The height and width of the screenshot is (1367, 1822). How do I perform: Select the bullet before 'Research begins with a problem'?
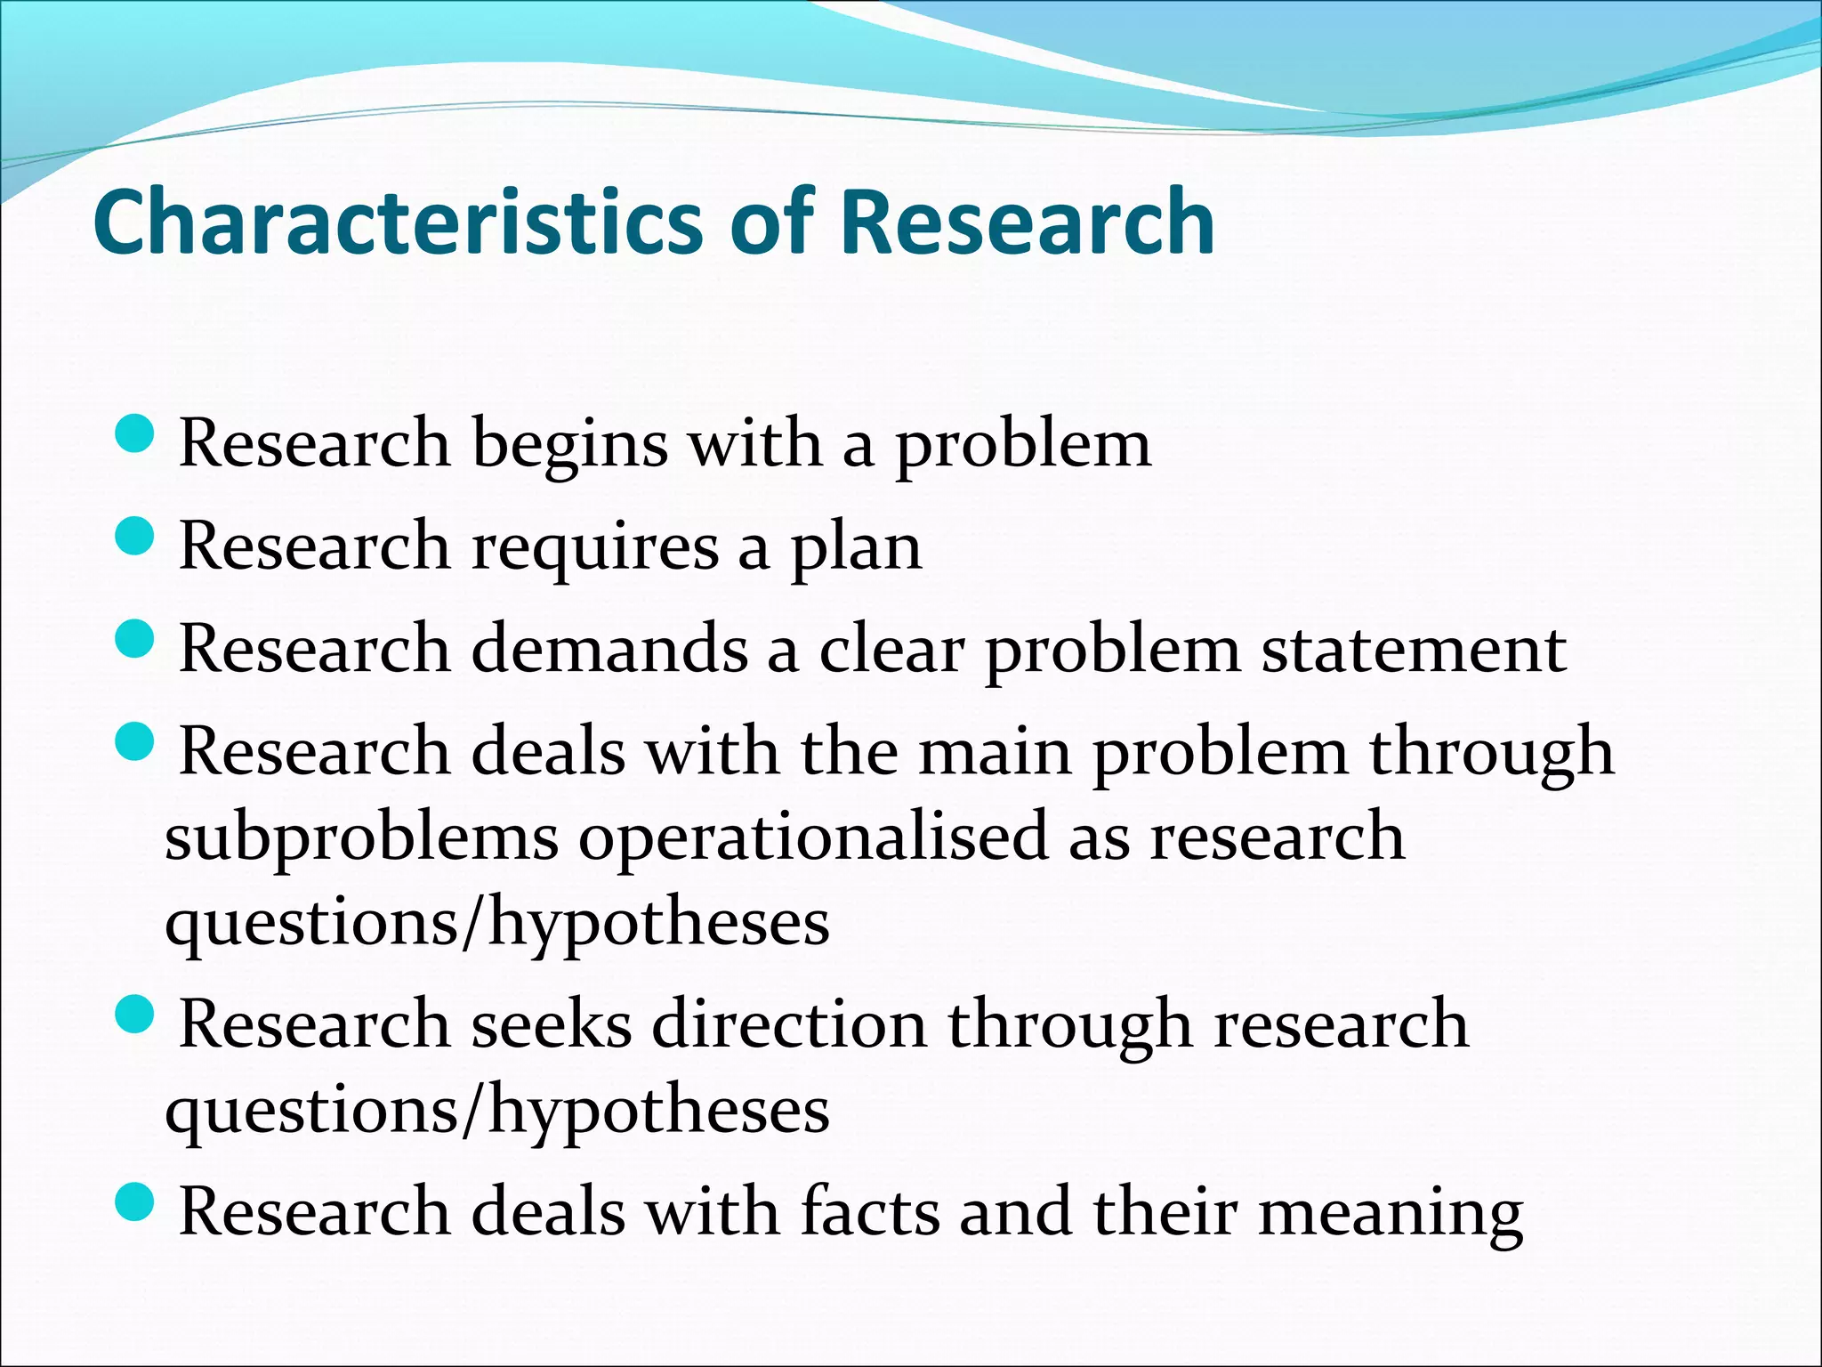135,435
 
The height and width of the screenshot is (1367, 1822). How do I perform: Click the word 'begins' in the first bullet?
569,445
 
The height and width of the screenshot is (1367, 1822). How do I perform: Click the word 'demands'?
609,650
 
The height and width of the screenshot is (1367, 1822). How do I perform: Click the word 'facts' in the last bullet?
869,1212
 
